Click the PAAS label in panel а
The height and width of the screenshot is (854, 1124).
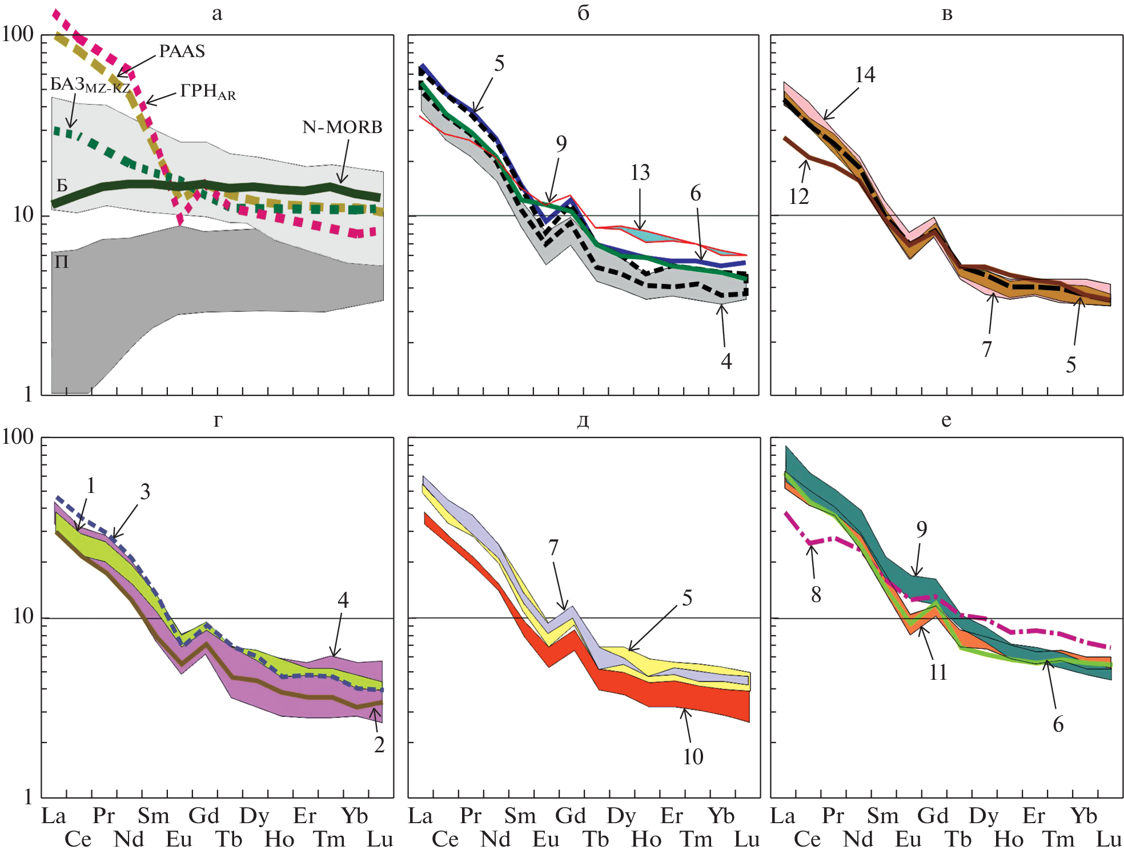pos(182,51)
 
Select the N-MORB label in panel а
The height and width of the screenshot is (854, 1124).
pos(342,127)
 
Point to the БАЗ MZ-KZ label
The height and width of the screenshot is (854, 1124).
pos(90,85)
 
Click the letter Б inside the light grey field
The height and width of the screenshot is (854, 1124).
pos(62,185)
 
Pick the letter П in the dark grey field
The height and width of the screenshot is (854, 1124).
pos(62,262)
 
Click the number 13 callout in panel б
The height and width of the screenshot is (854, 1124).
pos(640,173)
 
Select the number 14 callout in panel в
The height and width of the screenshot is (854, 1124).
pos(865,75)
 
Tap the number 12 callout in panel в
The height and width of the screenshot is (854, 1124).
pos(798,197)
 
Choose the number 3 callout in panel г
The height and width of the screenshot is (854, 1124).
pos(145,492)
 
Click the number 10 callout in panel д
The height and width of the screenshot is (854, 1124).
pos(693,757)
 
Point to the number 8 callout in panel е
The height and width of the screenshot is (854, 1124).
pos(816,595)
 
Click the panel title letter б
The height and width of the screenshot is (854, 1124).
pos(583,13)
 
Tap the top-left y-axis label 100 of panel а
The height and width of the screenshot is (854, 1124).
pos(18,34)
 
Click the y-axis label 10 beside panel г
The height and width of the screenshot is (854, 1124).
pos(23,616)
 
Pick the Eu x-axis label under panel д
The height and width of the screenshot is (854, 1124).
pos(545,840)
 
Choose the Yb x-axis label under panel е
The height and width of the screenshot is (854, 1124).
pos(1083,816)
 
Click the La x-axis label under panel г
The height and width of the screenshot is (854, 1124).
pos(54,816)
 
